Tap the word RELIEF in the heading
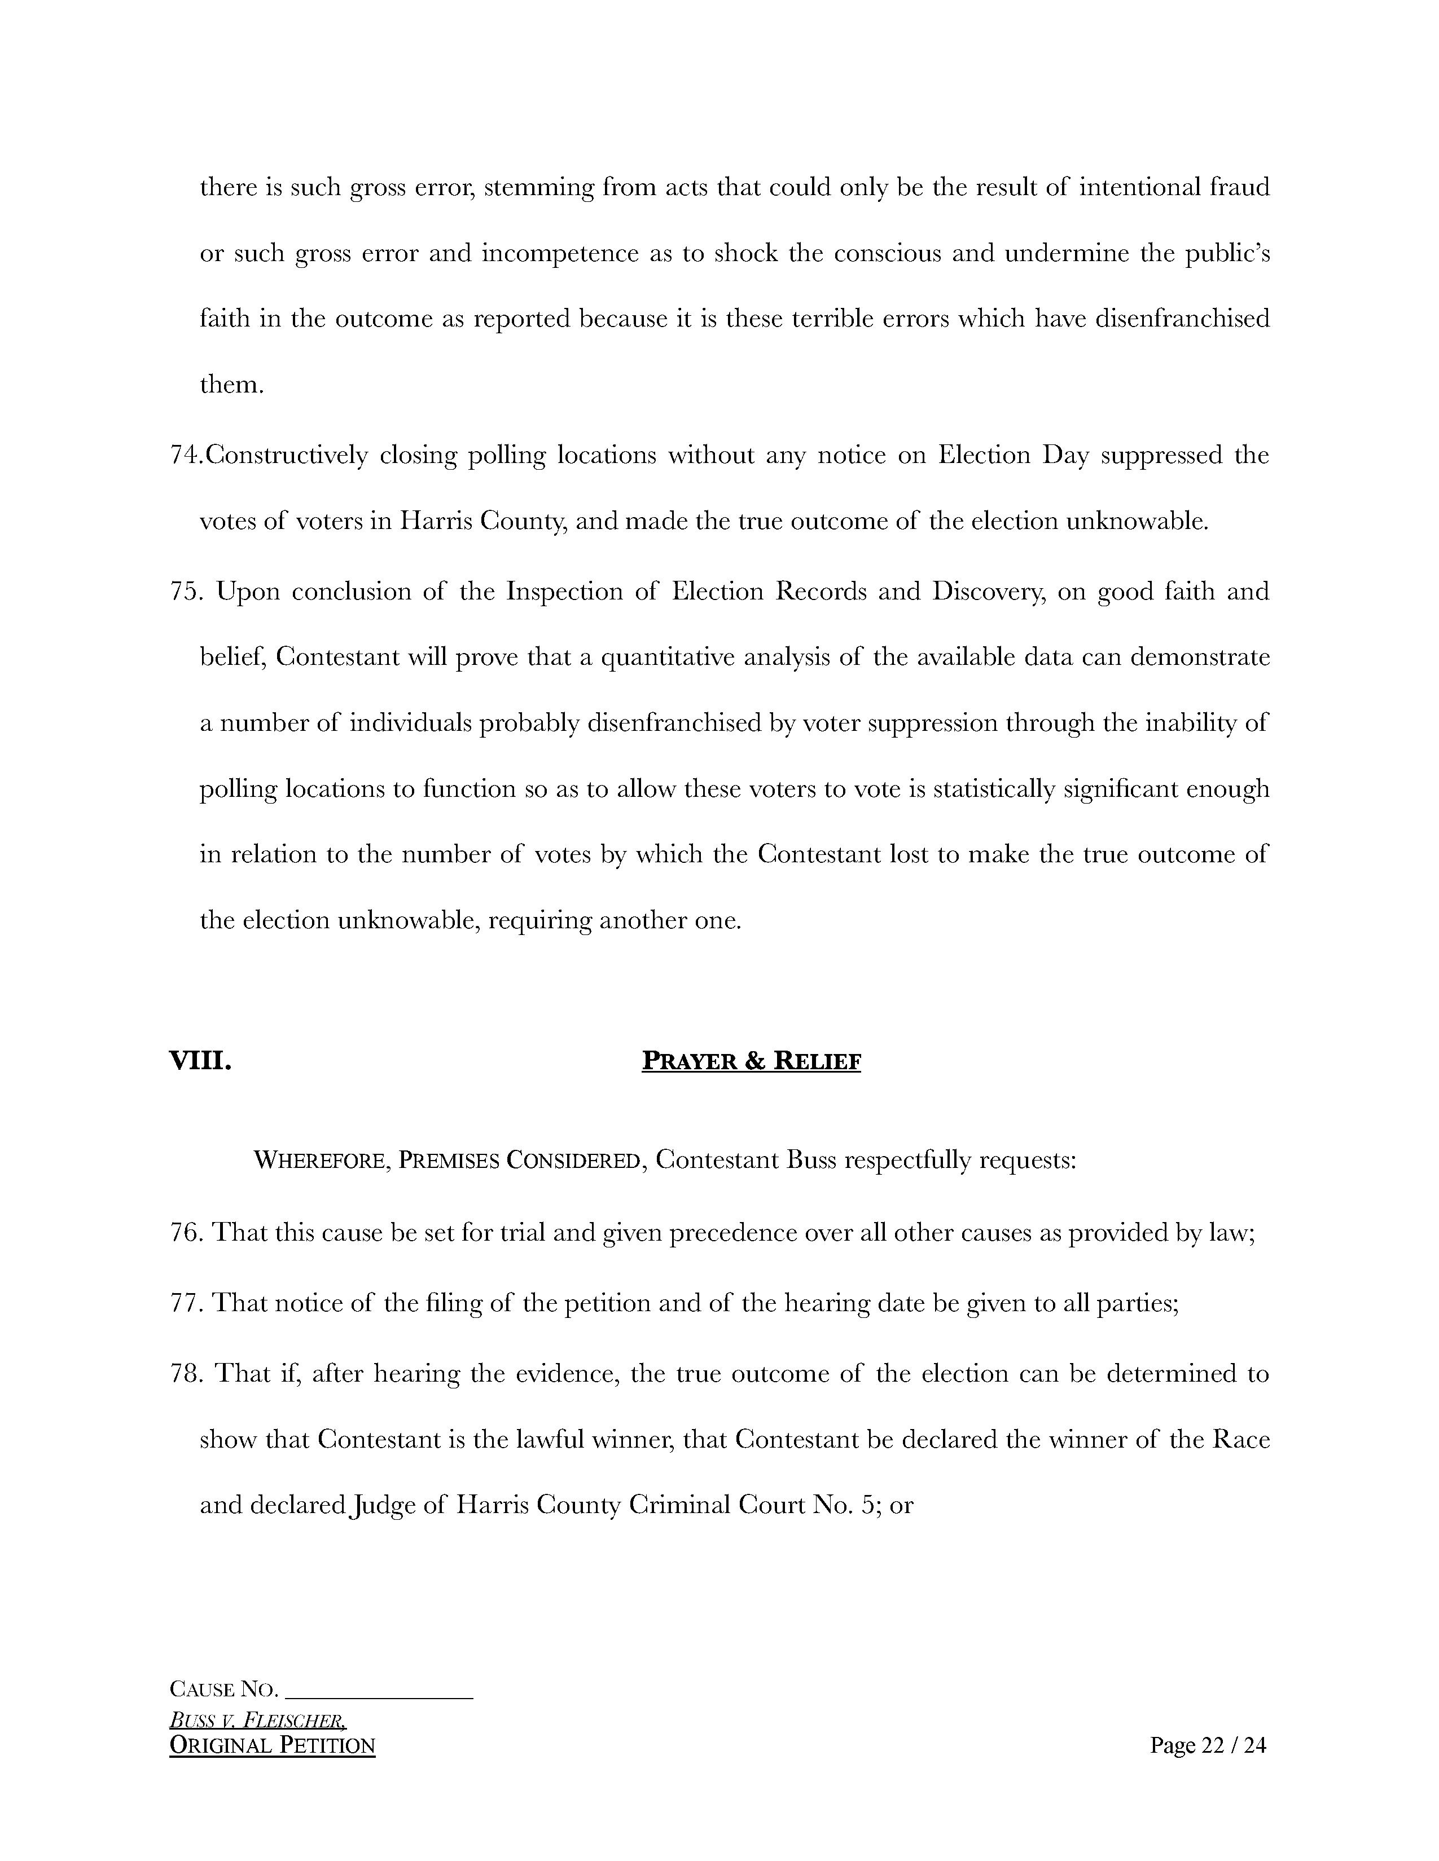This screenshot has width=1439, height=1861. (816, 1062)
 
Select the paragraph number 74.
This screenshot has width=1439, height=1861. (185, 456)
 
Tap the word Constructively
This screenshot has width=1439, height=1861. (287, 456)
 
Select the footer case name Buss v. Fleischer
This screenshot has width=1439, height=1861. (257, 1719)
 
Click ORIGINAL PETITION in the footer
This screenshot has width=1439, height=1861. (272, 1745)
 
